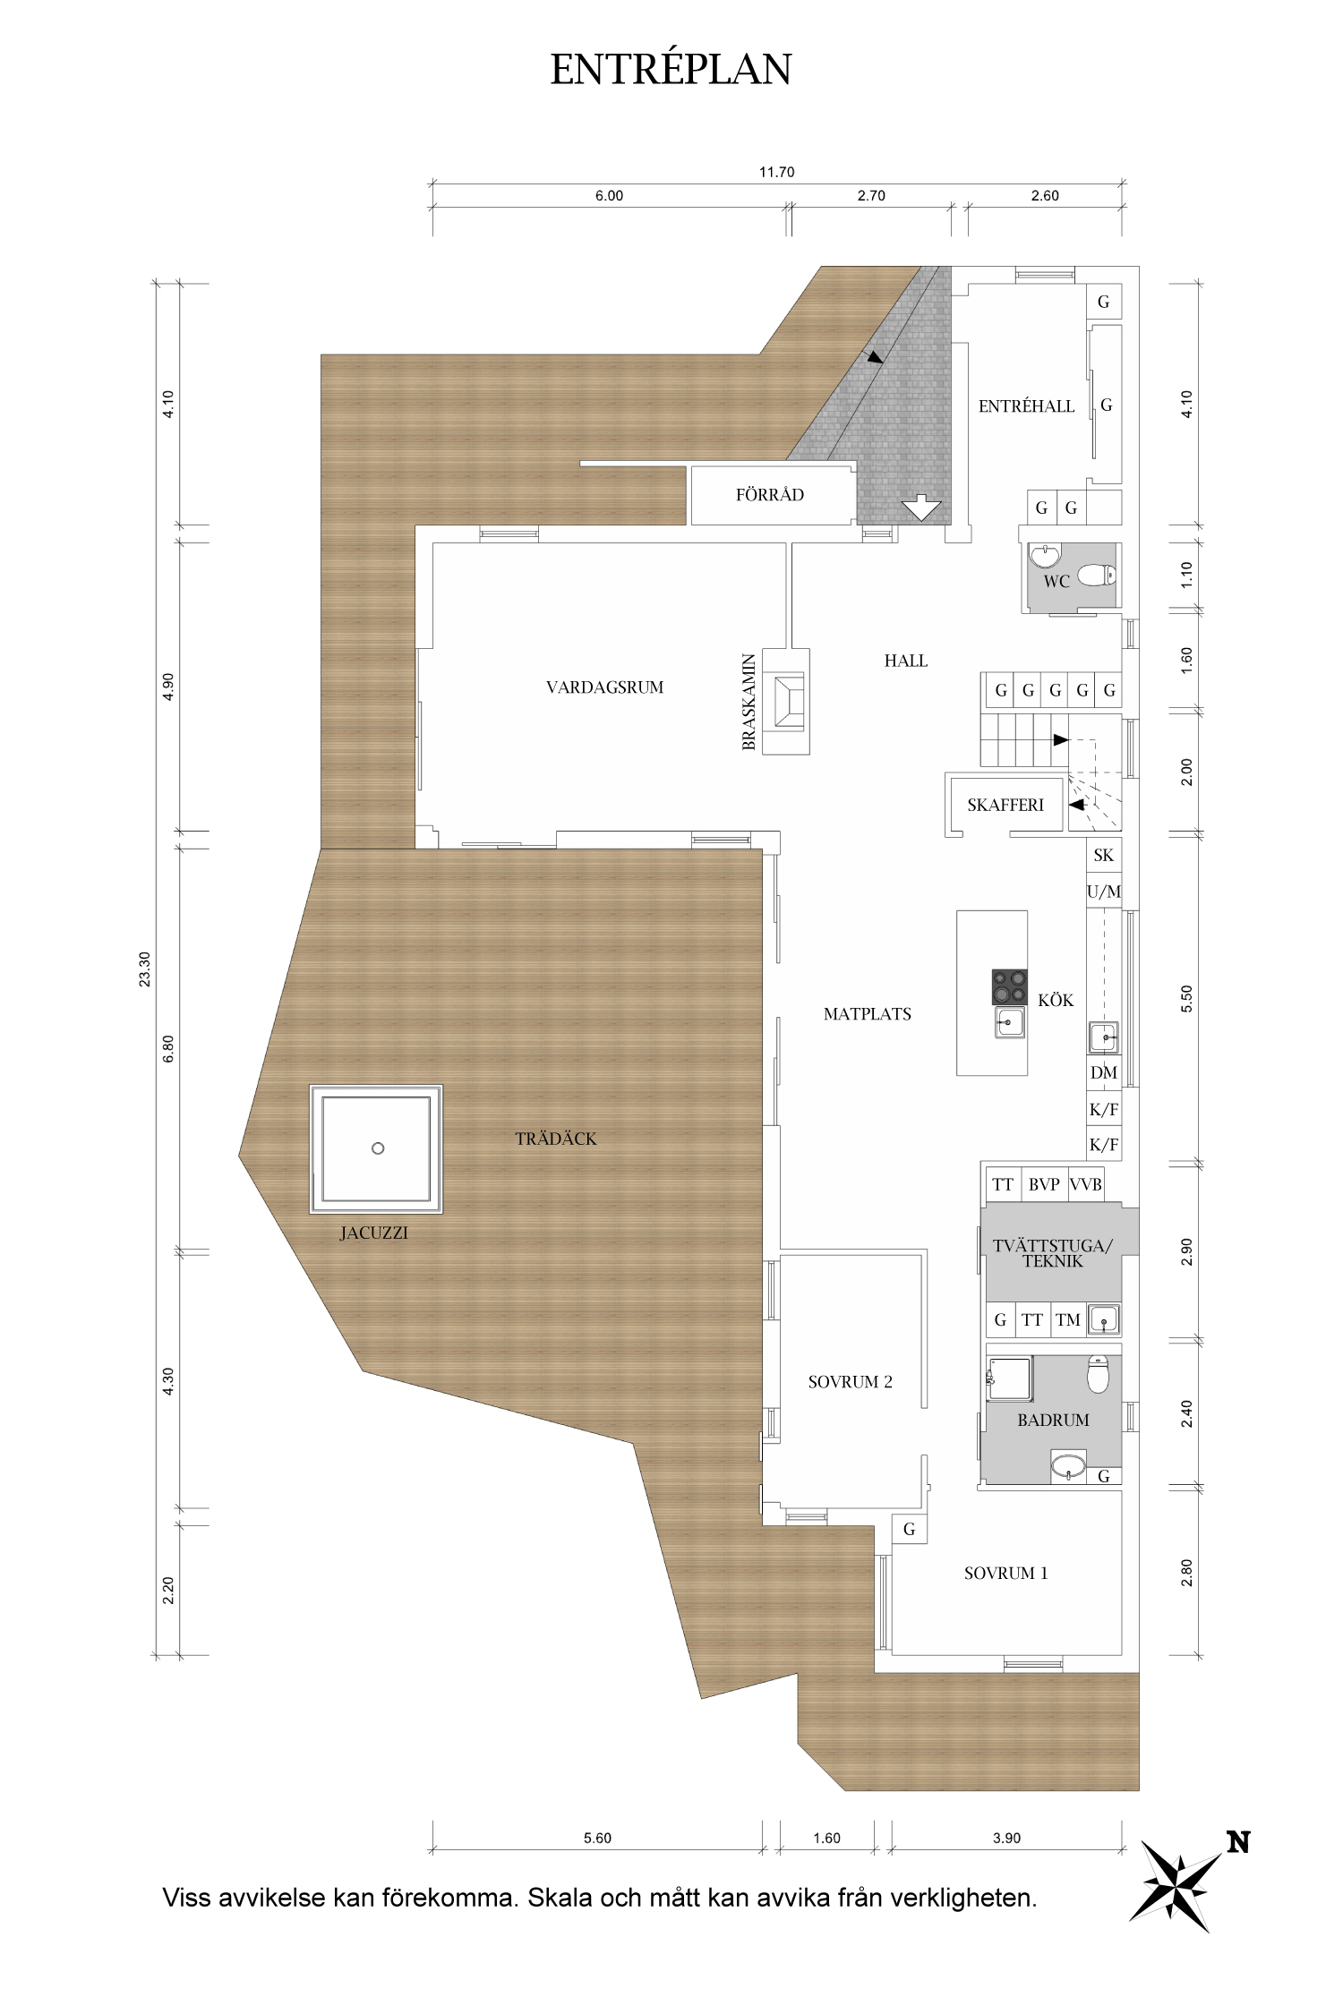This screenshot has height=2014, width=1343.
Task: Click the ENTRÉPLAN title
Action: (x=671, y=70)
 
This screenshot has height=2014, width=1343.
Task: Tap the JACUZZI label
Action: (x=373, y=1233)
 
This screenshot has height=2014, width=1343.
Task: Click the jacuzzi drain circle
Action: (x=378, y=1148)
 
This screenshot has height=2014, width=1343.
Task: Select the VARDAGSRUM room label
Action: (x=604, y=687)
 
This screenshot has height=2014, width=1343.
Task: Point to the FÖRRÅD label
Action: (x=769, y=495)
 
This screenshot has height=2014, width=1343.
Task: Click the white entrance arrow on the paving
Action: (x=921, y=508)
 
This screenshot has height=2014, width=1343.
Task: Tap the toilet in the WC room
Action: (x=1097, y=575)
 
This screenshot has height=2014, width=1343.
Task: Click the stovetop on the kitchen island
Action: (x=1009, y=987)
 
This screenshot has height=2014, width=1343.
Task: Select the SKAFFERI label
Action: (x=1005, y=805)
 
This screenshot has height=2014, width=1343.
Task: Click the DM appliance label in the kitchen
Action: (x=1103, y=1072)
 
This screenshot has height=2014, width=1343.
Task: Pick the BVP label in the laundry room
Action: (x=1044, y=1184)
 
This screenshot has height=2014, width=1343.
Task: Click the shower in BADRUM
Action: (x=1010, y=1379)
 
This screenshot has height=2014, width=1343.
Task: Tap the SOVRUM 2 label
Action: (x=850, y=1382)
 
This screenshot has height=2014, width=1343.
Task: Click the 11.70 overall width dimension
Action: (x=776, y=172)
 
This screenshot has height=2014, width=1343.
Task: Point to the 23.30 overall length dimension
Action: (x=145, y=969)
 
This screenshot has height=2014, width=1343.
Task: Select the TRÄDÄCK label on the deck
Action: (x=555, y=1139)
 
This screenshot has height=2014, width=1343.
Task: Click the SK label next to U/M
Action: (x=1103, y=855)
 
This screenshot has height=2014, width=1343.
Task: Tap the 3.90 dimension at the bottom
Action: (x=1006, y=1838)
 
